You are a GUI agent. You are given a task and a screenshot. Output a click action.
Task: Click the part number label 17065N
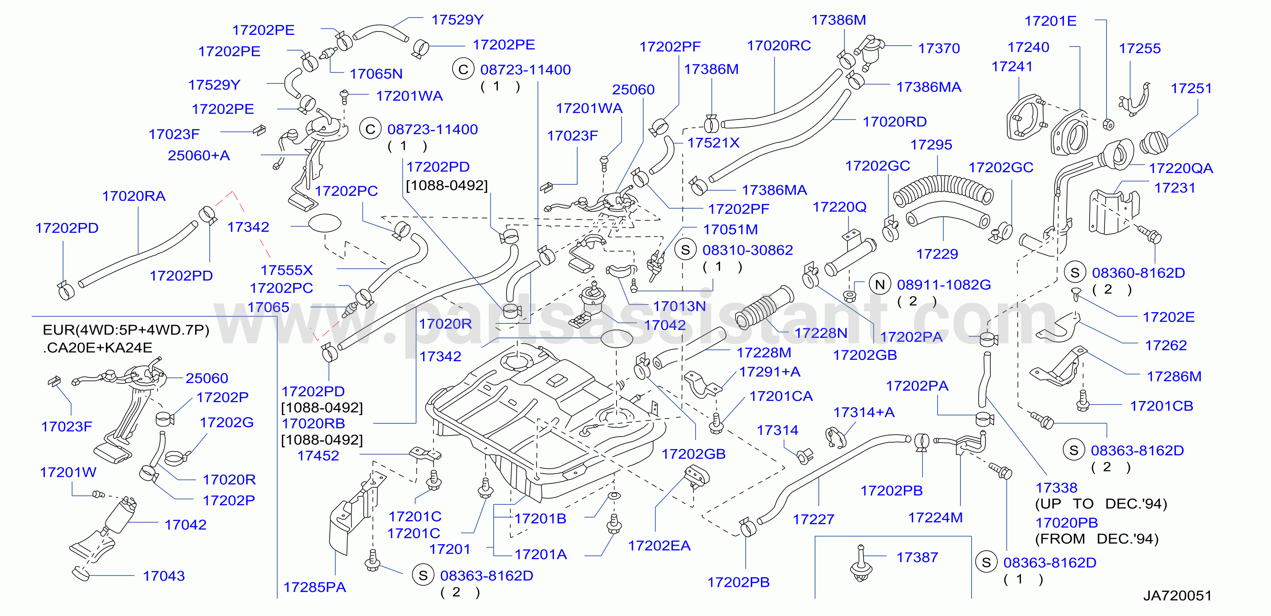[x=376, y=74]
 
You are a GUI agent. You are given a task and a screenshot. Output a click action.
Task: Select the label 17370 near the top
[x=938, y=48]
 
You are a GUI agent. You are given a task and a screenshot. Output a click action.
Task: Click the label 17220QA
[x=1181, y=168]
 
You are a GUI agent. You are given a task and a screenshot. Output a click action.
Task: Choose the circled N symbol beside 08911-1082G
[x=880, y=285]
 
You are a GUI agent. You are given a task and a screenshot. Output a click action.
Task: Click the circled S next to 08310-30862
[x=686, y=250]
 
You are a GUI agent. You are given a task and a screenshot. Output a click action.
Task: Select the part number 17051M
[x=730, y=229]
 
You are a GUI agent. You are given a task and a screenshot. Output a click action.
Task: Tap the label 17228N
[x=820, y=333]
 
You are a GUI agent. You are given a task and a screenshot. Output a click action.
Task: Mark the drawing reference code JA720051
[x=1177, y=595]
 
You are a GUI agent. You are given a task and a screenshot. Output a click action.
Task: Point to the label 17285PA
[x=314, y=587]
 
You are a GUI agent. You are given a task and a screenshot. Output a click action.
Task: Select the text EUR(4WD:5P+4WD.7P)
[x=126, y=330]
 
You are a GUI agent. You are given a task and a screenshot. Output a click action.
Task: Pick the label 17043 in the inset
[x=164, y=576]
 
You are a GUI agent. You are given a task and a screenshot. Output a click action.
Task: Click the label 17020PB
[x=1066, y=522]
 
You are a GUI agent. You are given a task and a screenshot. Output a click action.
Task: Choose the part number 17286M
[x=1174, y=376]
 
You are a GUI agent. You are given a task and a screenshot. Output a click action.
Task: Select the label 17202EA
[x=659, y=545]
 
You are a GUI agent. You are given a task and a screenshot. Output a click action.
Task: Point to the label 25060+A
[x=199, y=155]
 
